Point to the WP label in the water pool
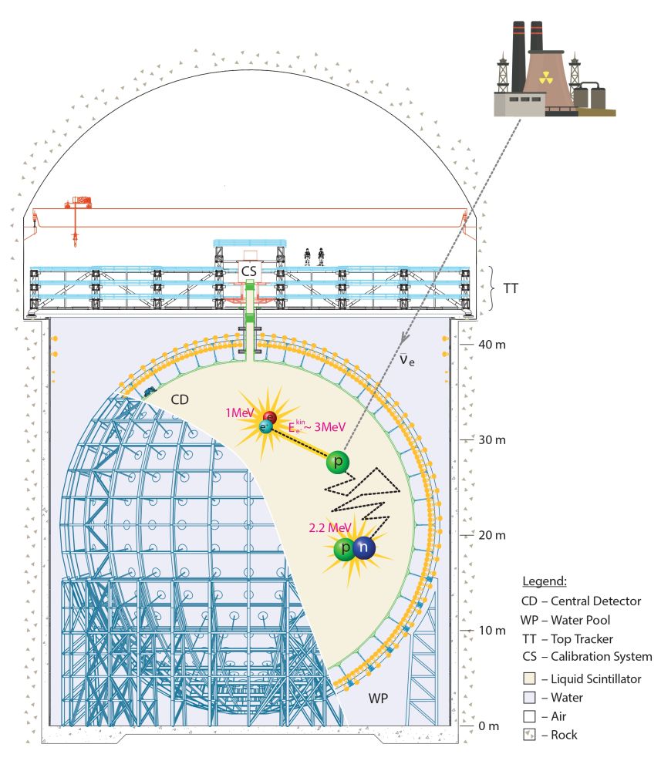point(376,699)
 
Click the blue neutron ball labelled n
point(364,548)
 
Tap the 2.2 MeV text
point(329,527)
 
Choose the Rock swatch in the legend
point(528,735)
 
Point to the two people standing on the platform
point(313,256)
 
